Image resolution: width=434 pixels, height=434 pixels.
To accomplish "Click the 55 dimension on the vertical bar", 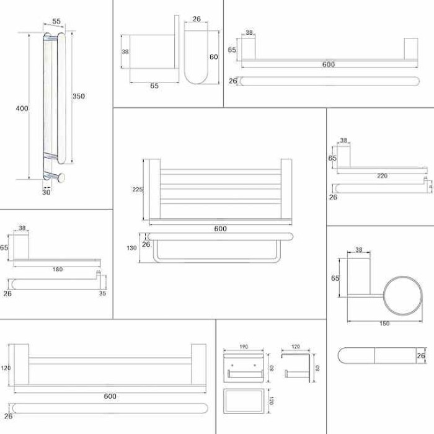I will click(56, 22).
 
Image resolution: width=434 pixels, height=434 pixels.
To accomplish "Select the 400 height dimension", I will click(22, 109).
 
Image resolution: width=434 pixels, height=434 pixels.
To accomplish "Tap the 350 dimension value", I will click(78, 96).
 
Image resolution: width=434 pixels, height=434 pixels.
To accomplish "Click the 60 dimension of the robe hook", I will click(214, 57).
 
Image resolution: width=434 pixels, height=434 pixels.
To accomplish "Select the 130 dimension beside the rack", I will click(132, 248).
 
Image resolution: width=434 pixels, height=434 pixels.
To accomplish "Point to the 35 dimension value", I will click(102, 294).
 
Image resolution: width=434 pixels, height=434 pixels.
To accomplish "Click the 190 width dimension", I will click(244, 347).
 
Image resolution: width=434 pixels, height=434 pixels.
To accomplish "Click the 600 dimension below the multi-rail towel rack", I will click(220, 229).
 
